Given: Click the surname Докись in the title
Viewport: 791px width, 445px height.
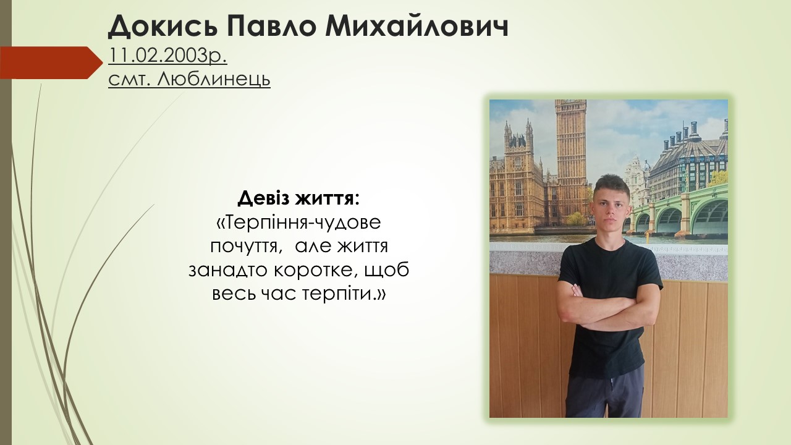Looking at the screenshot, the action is tap(163, 27).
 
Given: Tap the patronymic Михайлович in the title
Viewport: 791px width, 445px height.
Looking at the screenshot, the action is tap(417, 27).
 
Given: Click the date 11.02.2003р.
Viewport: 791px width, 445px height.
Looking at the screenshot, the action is tap(167, 56).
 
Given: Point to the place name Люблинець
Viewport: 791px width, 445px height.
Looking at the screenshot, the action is tap(214, 79).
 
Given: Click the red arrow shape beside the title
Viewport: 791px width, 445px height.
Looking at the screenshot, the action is tap(51, 62).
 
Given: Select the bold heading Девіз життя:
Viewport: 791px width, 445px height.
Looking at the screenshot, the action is tap(298, 199).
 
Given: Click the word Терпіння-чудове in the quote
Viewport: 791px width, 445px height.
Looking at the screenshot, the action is tap(298, 223).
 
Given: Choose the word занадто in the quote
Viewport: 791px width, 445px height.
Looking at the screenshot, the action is tap(228, 271).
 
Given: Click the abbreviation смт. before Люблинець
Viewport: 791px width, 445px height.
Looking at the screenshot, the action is tap(130, 80).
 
